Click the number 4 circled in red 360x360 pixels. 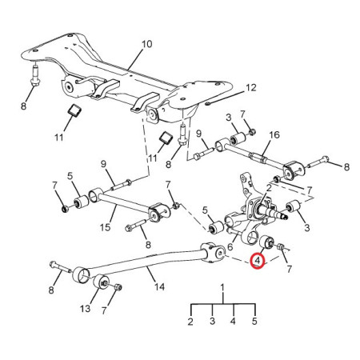click(258, 261)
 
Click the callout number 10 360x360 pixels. click(146, 44)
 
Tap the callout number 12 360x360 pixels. click(251, 88)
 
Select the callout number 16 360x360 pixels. click(274, 135)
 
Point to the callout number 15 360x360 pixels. click(106, 227)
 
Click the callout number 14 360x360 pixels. click(159, 287)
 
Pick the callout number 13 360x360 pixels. click(86, 309)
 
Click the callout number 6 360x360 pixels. click(230, 247)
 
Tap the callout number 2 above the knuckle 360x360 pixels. click(269, 188)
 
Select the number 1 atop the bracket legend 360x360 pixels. click(222, 288)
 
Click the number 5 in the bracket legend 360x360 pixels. click(254, 321)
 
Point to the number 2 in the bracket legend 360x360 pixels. click(190, 322)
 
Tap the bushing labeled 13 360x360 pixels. click(101, 282)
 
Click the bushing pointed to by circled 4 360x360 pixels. click(266, 242)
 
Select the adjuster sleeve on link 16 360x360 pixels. click(258, 158)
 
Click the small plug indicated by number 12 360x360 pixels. click(208, 103)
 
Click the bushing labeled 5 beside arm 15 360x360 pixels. click(82, 202)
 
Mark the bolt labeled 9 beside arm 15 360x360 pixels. click(121, 186)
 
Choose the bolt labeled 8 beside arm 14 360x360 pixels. click(61, 267)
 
